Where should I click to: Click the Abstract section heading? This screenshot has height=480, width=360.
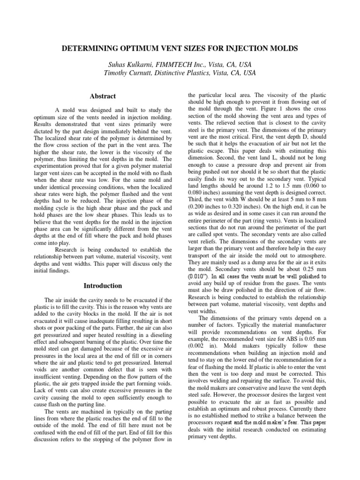click(103, 96)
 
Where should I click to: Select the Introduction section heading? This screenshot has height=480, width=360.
click(103, 285)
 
